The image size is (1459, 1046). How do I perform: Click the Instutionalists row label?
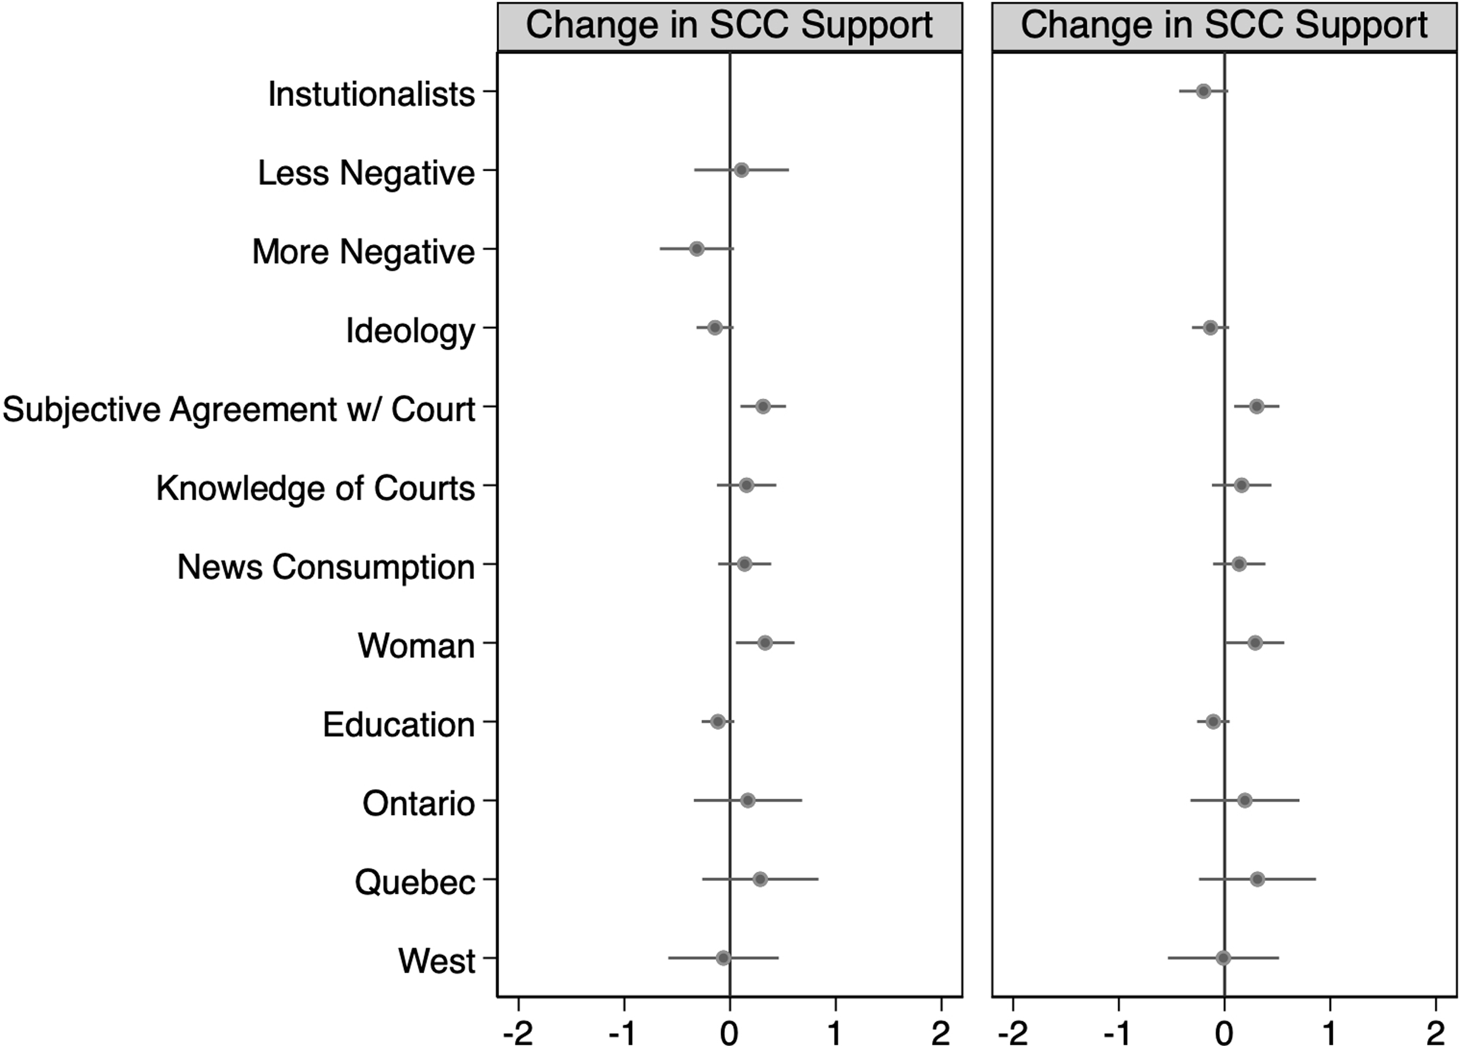point(371,94)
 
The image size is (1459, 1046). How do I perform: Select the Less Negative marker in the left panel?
point(741,170)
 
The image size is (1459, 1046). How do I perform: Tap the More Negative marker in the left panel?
point(696,249)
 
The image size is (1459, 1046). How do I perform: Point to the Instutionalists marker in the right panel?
point(1203,91)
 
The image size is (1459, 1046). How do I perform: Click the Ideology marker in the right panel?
point(1210,328)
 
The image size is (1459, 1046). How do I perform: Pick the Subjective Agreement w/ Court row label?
point(238,409)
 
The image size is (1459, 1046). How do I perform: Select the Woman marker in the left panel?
point(765,643)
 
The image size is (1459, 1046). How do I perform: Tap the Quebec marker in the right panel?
point(1258,879)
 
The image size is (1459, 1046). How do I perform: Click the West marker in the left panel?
point(723,958)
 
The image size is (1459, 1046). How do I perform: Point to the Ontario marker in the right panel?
point(1244,800)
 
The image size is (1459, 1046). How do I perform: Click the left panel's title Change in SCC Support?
point(729,25)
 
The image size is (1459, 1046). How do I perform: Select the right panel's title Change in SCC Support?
point(1224,25)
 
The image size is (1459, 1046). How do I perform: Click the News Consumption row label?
point(325,567)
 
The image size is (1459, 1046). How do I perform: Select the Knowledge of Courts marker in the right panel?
point(1241,485)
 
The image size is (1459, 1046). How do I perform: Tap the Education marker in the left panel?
point(718,721)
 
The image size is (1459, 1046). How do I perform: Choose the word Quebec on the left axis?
point(415,882)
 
